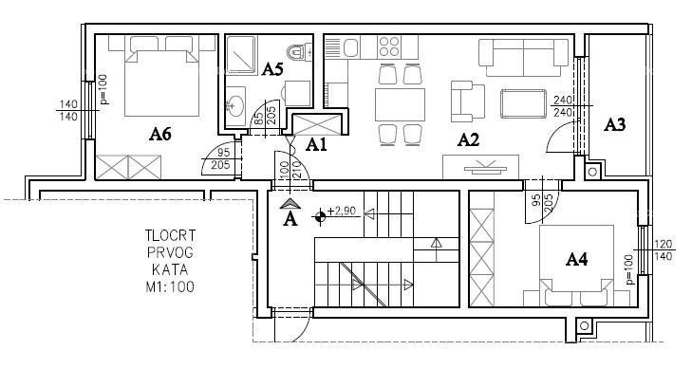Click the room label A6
pyautogui.click(x=159, y=134)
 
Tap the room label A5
pyautogui.click(x=272, y=68)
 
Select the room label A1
pyautogui.click(x=315, y=144)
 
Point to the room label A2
pyautogui.click(x=468, y=140)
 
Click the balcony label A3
pyautogui.click(x=615, y=124)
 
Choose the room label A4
pyautogui.click(x=577, y=258)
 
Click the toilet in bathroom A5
pyautogui.click(x=298, y=53)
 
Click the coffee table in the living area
pyautogui.click(x=520, y=101)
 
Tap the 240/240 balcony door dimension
pyautogui.click(x=562, y=105)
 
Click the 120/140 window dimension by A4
pyautogui.click(x=664, y=250)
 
